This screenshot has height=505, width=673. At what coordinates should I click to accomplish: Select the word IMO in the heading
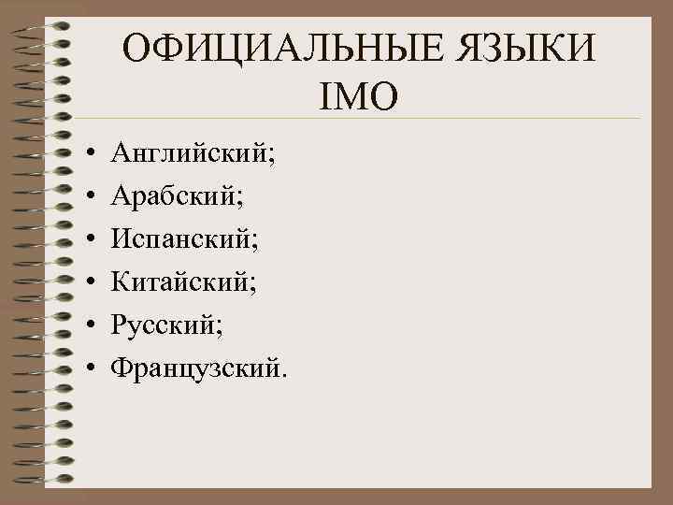[357, 94]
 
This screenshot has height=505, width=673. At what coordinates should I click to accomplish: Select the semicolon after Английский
[272, 156]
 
